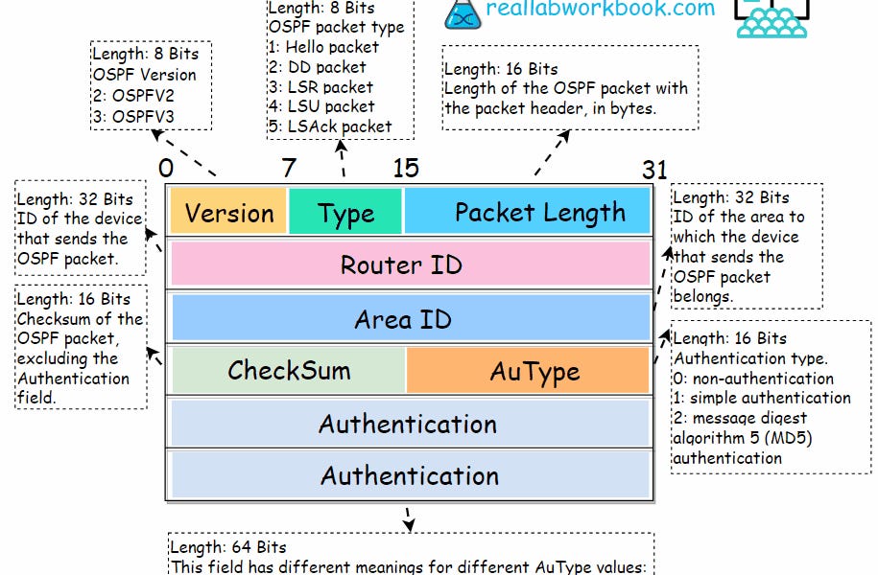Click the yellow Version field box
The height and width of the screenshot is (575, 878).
click(x=228, y=212)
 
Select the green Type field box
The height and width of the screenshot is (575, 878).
click(x=345, y=212)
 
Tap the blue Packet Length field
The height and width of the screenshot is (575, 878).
click(x=528, y=212)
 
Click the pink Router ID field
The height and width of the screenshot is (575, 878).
click(x=410, y=264)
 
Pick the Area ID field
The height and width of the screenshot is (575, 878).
click(x=410, y=318)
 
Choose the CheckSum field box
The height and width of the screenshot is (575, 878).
click(x=289, y=370)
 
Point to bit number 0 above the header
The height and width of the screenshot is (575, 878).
click(x=166, y=169)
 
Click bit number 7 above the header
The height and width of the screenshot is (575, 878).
click(x=289, y=169)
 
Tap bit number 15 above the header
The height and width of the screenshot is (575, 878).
click(x=405, y=169)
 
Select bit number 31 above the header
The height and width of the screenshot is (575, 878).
click(x=653, y=171)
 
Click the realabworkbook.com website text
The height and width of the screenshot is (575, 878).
click(x=601, y=10)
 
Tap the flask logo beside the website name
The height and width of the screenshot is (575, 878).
click(x=462, y=11)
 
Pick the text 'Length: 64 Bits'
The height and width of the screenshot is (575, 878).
click(x=228, y=547)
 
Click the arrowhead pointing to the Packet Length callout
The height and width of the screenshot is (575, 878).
click(x=565, y=135)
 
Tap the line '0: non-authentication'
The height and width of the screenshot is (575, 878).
click(x=752, y=379)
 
